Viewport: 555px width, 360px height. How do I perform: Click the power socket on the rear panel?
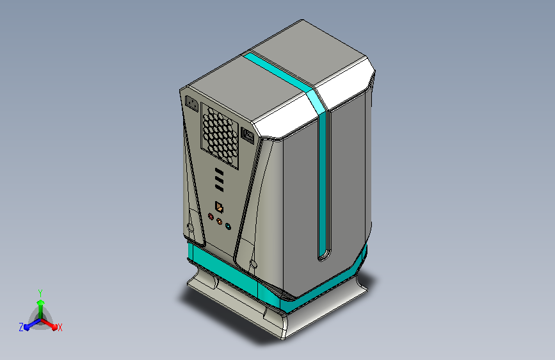click(x=191, y=104)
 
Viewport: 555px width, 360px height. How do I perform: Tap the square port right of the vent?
click(x=248, y=135)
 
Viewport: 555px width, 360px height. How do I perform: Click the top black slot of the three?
click(x=219, y=172)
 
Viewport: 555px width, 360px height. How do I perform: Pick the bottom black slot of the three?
click(x=219, y=188)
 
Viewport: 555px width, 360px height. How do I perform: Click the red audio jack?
click(x=211, y=217)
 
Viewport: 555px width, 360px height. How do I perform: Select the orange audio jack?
click(x=220, y=222)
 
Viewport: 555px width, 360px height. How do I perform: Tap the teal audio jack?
click(x=229, y=226)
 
